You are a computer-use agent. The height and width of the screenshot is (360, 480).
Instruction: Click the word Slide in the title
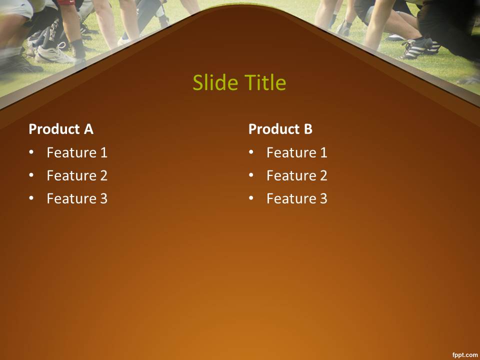[x=215, y=82]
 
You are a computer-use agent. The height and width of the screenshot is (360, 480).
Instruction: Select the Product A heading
[x=61, y=129]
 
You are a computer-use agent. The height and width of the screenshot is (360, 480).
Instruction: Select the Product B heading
[x=280, y=129]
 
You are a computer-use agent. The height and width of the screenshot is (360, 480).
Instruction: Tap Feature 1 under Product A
[x=77, y=152]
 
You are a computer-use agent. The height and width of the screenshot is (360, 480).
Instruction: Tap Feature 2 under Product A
[x=77, y=175]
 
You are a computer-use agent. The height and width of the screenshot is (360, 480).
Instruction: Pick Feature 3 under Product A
[x=77, y=198]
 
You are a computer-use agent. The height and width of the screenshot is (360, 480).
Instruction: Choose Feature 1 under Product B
[x=297, y=152]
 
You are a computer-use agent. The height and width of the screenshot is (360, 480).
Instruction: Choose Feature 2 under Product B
[x=297, y=175]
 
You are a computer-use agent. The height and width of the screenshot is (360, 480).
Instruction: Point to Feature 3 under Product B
[x=297, y=198]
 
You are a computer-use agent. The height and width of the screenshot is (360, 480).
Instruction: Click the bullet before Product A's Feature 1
[x=31, y=152]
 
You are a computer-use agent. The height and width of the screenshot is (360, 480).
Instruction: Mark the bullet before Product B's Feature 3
[x=251, y=198]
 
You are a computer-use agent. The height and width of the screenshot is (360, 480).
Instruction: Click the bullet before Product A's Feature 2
[x=31, y=175]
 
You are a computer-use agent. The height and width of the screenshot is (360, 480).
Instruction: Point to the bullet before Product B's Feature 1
[x=251, y=152]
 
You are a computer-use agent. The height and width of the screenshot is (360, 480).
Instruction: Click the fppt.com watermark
[x=465, y=355]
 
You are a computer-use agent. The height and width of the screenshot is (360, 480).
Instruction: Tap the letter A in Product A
[x=89, y=129]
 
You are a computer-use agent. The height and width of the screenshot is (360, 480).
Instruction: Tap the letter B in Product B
[x=308, y=129]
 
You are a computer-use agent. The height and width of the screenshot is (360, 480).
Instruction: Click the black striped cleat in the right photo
[x=419, y=48]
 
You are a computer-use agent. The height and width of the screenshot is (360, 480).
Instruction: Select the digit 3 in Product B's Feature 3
[x=323, y=198]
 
